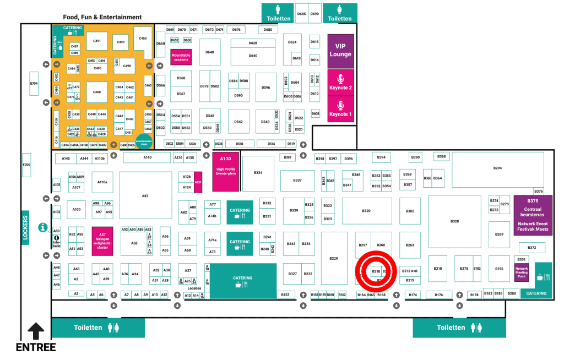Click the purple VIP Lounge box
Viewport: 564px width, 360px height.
[x=340, y=51]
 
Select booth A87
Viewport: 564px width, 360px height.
[x=145, y=196]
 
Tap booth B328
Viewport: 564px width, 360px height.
[x=454, y=221]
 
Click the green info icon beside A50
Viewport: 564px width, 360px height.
[x=42, y=227]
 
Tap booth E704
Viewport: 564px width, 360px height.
[x=34, y=84]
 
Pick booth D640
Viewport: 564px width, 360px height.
[x=253, y=56]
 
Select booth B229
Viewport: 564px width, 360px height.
[x=334, y=258]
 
